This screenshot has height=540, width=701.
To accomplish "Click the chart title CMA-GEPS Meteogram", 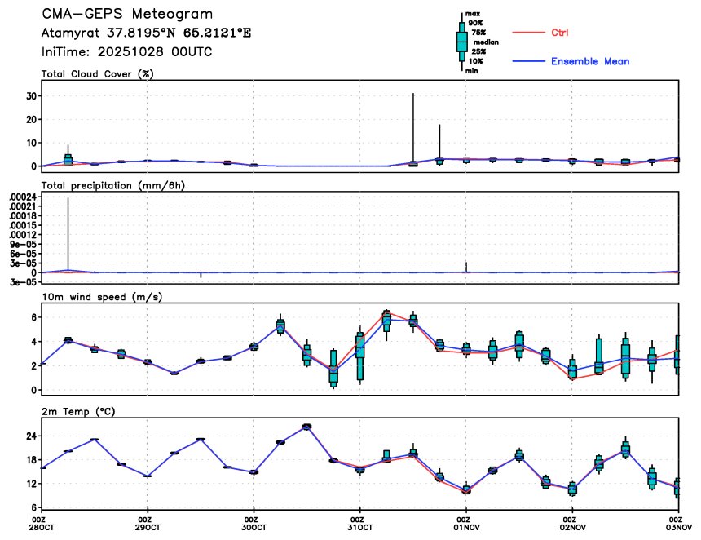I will click(x=127, y=15).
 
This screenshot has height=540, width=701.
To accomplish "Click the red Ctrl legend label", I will click(x=559, y=33).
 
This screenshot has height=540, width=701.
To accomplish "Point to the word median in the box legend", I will click(x=486, y=42).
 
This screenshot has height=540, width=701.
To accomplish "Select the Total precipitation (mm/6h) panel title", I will click(x=113, y=185).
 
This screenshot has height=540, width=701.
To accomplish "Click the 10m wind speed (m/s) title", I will click(x=102, y=296).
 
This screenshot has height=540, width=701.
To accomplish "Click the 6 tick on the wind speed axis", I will click(x=32, y=316).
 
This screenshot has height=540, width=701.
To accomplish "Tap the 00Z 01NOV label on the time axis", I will click(x=464, y=523).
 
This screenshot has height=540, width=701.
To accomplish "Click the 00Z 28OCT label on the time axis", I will click(x=39, y=523).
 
